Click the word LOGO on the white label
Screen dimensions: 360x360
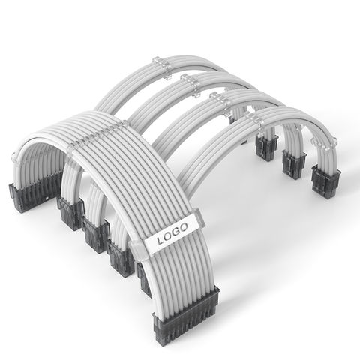coord(172,234)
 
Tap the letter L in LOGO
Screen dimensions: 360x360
coord(160,241)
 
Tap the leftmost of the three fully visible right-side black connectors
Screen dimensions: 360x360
coord(267,148)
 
